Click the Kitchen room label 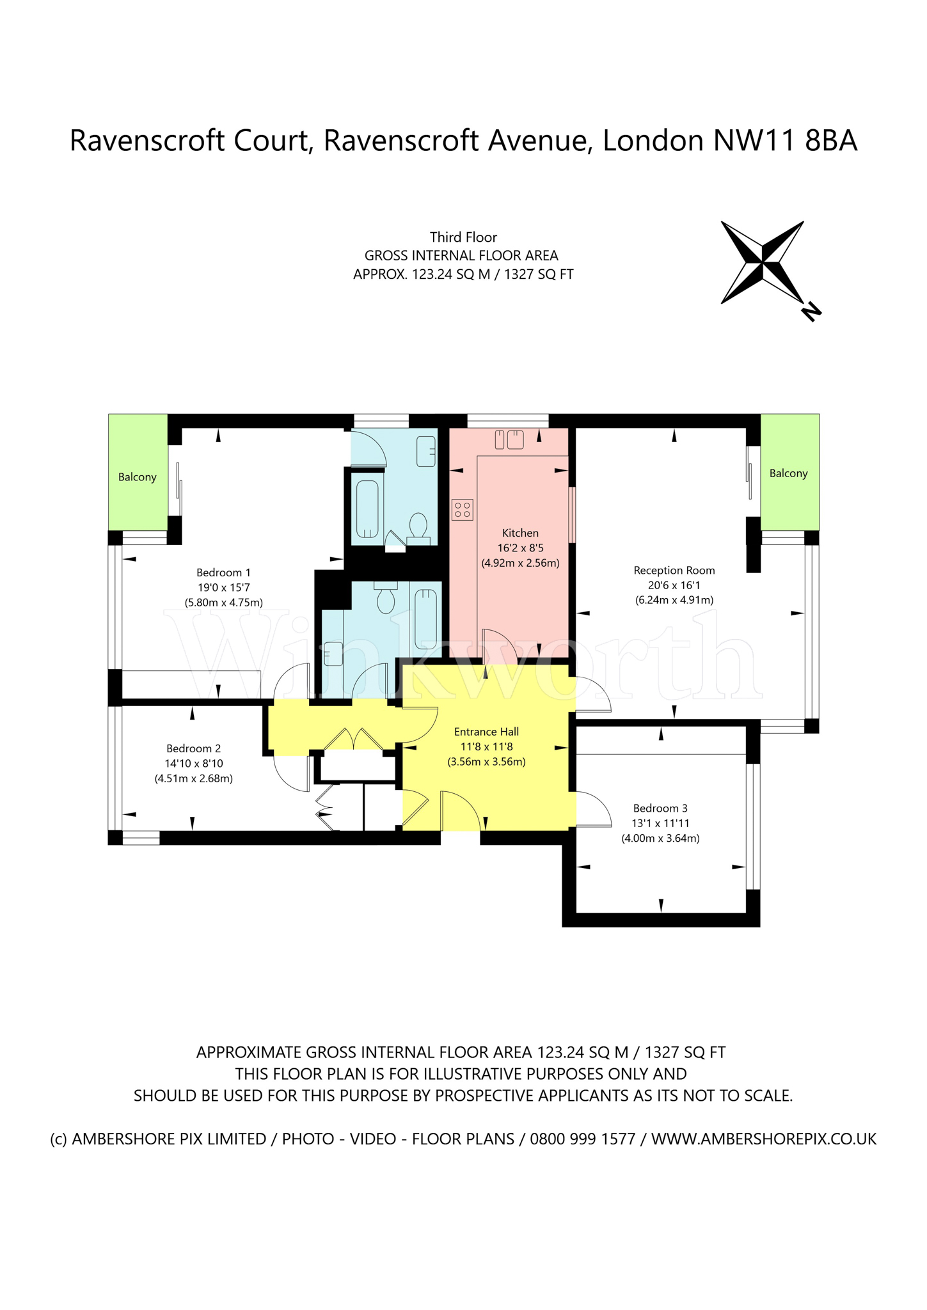[520, 533]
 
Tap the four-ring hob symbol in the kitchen [462, 510]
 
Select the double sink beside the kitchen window [509, 439]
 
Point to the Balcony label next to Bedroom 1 [137, 477]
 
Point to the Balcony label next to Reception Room [788, 473]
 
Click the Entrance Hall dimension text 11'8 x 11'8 [486, 746]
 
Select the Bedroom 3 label [660, 808]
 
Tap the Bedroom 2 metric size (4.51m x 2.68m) [193, 778]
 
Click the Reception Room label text [674, 570]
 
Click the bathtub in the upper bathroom [367, 509]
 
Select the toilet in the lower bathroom [386, 599]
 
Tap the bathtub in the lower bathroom [425, 619]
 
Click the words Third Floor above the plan [463, 237]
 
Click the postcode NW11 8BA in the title [784, 141]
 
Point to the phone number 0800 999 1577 [582, 1157]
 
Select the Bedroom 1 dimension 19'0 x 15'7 [223, 587]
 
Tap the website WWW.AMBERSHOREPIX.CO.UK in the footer [763, 1157]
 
